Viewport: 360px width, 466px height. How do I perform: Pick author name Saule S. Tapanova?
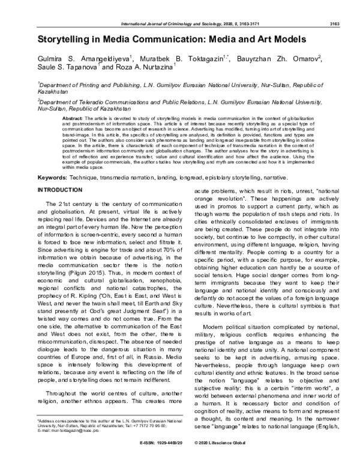[x=67, y=70]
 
